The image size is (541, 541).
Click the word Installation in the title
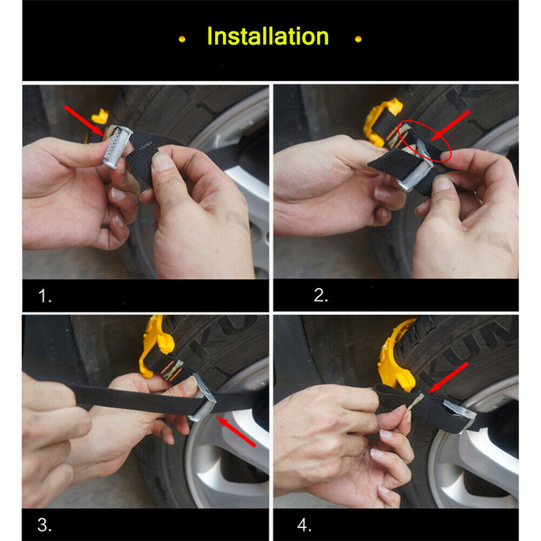[268, 37]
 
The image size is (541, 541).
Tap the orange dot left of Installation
[182, 39]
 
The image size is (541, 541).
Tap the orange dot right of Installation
[358, 39]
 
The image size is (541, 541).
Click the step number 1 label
[45, 296]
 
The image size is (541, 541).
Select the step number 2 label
[321, 296]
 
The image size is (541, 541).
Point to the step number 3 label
[45, 525]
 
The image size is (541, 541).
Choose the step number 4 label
[304, 525]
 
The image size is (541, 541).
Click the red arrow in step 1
[84, 121]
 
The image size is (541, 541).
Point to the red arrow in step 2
[450, 126]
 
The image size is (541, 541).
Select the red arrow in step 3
[236, 431]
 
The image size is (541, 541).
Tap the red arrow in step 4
[448, 377]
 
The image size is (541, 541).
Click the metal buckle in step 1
[118, 147]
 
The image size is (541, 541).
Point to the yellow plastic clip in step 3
[156, 345]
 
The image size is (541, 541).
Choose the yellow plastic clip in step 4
[397, 356]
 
